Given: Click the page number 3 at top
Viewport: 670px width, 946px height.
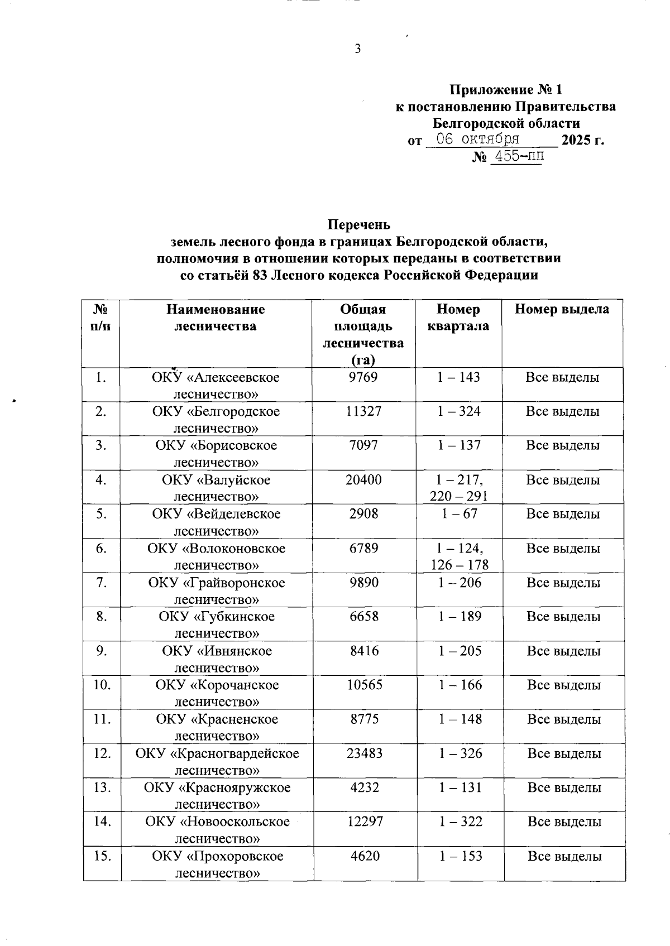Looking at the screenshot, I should point(358,49).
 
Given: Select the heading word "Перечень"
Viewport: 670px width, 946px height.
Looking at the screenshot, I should point(358,224).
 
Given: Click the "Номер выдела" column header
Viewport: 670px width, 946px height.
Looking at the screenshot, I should point(562,309).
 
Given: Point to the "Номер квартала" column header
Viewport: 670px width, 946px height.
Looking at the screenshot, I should point(458,318).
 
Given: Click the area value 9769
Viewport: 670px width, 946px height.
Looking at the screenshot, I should point(363,377).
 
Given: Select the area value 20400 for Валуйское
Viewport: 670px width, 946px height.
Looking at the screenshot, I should point(363,480).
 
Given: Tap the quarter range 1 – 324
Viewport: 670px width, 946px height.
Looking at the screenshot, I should point(459,411).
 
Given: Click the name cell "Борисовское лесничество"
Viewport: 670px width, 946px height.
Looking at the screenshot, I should point(216,454).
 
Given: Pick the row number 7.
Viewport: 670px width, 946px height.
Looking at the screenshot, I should point(101,583).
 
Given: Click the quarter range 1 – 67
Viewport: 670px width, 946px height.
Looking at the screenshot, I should point(460,514).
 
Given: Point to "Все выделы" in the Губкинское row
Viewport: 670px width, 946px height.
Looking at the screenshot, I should point(563,617).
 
